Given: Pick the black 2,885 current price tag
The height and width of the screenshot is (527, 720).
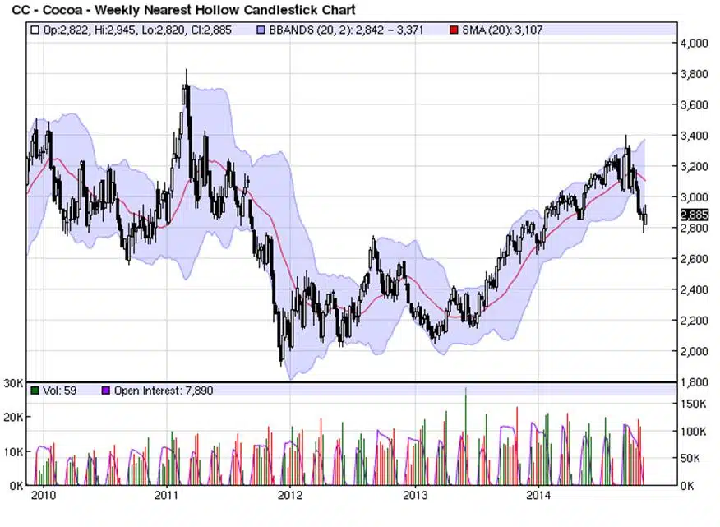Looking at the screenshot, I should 694,215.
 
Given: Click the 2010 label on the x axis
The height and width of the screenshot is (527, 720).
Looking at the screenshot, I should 43,495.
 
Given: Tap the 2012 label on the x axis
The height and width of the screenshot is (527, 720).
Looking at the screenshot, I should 290,495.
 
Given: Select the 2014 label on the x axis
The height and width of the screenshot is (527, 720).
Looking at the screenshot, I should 538,495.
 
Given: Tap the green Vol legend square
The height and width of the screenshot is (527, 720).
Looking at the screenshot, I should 35,391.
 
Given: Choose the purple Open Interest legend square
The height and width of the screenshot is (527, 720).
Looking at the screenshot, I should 105,391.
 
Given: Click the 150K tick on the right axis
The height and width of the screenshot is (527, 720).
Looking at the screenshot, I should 695,404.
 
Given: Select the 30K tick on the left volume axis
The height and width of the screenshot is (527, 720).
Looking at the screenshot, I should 12,383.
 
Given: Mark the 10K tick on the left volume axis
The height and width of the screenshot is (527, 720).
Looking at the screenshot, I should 12,451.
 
